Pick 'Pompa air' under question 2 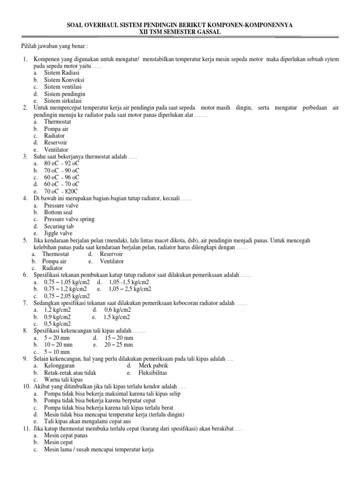coord(55,128)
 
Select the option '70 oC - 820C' coord(61,191)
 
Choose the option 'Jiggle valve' coord(59,233)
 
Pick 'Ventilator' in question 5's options coord(112,261)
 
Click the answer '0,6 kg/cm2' coord(118,310)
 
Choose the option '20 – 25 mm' coord(119,345)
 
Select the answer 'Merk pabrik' coord(153,365)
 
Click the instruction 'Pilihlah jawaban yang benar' coord(55,47)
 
